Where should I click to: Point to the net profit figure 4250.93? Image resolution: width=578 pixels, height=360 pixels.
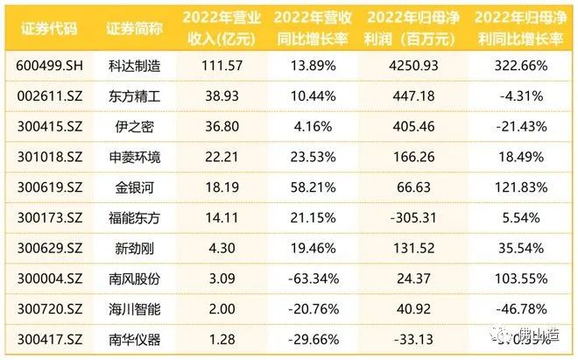[x=408, y=65]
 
